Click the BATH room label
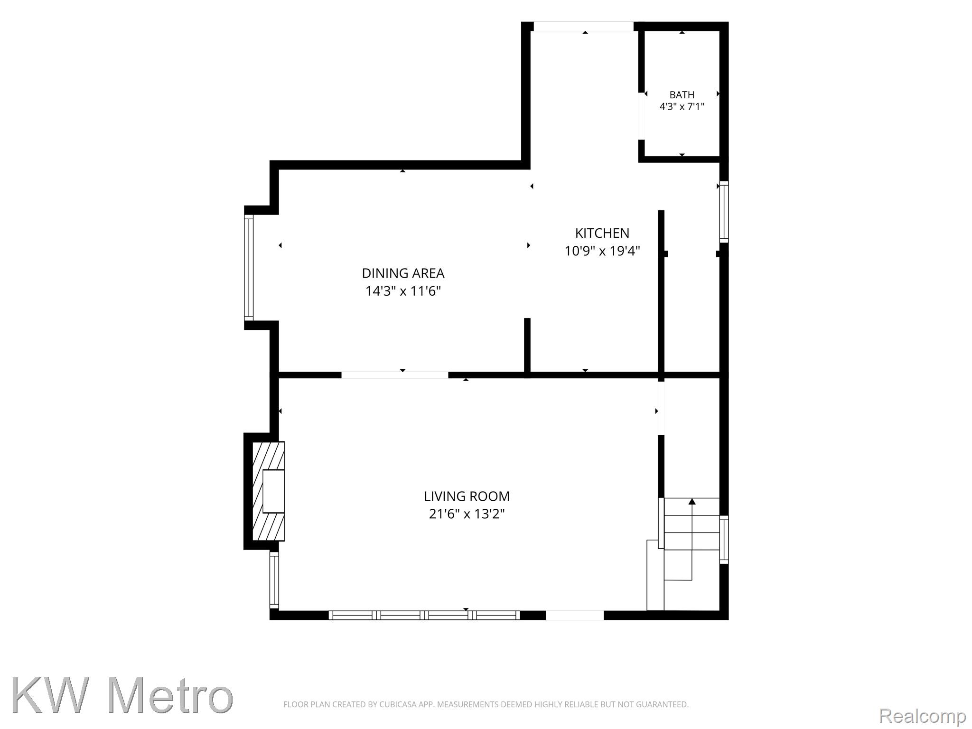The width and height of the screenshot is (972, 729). click(682, 95)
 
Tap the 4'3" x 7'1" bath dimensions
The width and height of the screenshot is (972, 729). click(682, 107)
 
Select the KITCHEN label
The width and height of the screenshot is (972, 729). click(602, 233)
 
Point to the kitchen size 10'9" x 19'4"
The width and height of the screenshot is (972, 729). click(602, 251)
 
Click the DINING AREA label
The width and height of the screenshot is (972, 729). click(403, 273)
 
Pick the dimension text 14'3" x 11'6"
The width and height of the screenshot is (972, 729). click(403, 291)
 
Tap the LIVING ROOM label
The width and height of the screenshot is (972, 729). click(467, 496)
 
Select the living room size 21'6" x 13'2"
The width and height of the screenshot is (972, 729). click(467, 514)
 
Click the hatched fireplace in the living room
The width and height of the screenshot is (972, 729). click(268, 491)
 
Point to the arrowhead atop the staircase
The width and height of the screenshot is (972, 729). click(692, 501)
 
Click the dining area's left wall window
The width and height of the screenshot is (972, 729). click(249, 268)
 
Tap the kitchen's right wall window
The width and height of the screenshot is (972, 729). click(724, 212)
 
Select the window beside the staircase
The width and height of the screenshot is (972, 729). click(724, 540)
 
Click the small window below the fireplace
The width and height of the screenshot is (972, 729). click(274, 580)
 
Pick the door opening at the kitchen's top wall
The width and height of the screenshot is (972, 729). click(584, 27)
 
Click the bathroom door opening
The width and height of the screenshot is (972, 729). click(641, 116)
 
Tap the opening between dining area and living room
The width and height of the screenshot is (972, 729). click(395, 375)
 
